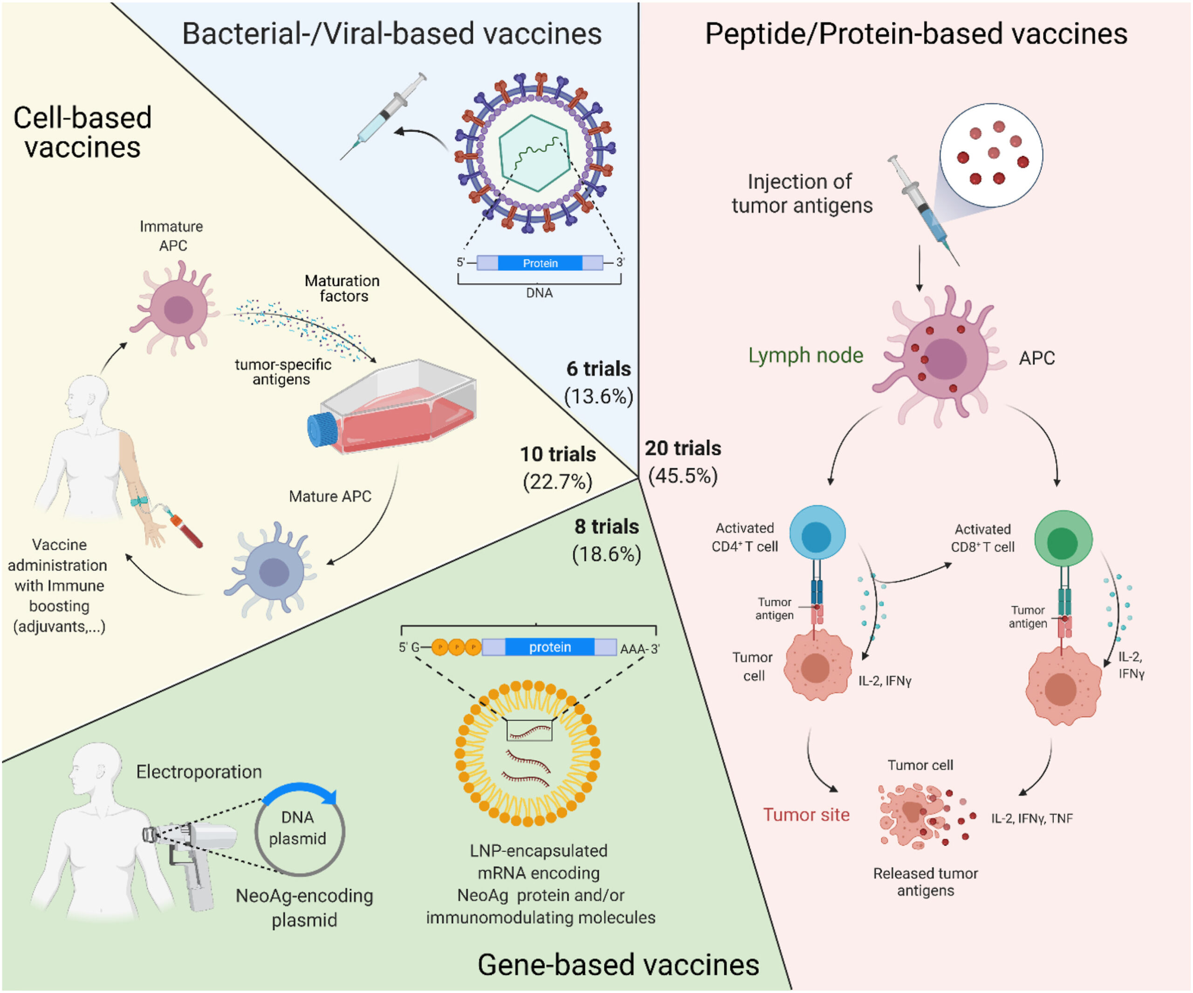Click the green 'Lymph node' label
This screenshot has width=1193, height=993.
(x=806, y=356)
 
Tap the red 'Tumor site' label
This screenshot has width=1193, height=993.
(x=806, y=815)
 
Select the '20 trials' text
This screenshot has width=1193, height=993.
(x=682, y=448)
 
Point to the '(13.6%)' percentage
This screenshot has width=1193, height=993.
(x=598, y=396)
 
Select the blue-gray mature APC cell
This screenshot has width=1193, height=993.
(x=273, y=570)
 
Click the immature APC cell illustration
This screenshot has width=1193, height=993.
(x=177, y=309)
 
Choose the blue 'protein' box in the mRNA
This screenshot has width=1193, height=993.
(x=549, y=647)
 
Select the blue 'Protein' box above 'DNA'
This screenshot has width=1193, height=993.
(x=540, y=263)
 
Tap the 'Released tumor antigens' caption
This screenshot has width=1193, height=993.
(x=925, y=882)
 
